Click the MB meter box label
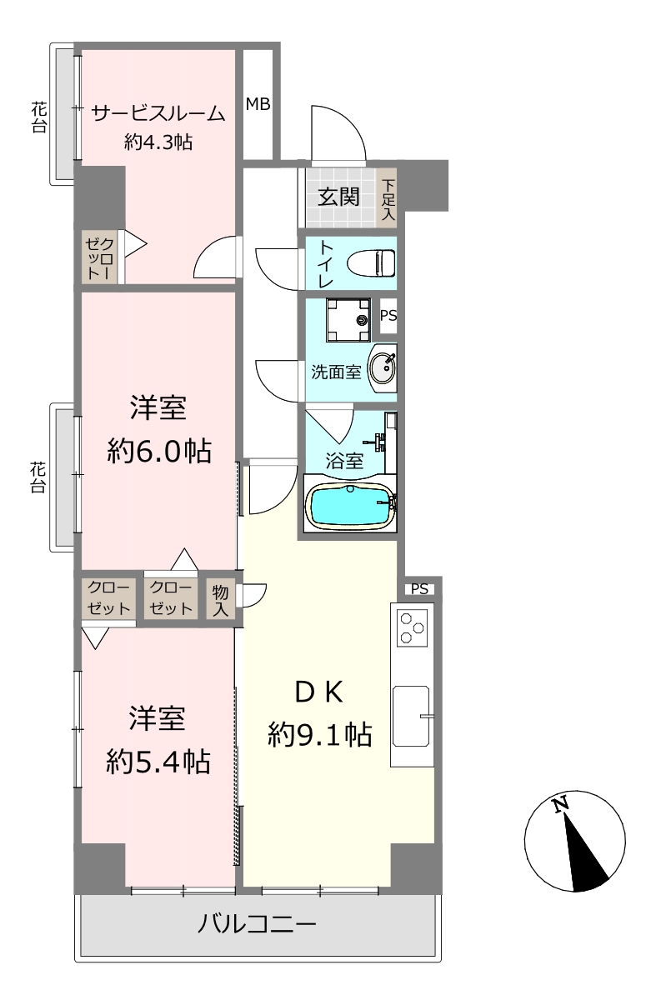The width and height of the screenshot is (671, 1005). [258, 104]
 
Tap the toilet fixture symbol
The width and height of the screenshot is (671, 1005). [371, 262]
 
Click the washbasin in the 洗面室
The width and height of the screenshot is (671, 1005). [383, 367]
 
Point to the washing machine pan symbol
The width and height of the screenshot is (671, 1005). [348, 320]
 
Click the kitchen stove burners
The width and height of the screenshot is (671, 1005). [412, 628]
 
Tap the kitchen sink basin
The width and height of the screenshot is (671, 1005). [411, 716]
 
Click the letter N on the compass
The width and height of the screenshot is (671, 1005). [560, 805]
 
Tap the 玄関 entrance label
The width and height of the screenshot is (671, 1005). [339, 197]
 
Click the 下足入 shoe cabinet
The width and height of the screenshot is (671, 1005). [388, 199]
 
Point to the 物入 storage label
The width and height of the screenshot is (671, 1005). [220, 601]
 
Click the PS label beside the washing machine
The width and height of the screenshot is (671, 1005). [388, 315]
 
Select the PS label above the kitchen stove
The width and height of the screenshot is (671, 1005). [419, 588]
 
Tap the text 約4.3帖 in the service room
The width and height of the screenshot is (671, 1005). [158, 142]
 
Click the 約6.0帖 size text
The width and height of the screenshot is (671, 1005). [159, 451]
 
